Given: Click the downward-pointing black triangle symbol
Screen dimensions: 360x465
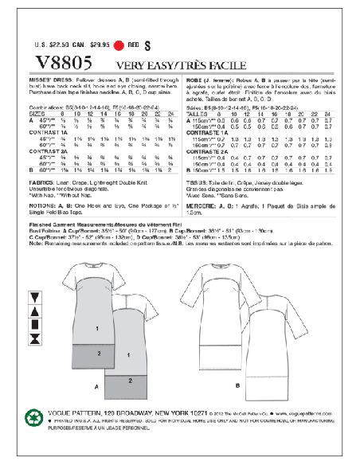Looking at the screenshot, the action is pos(35,297).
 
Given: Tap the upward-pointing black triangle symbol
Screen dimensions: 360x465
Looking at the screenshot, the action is pos(35,311).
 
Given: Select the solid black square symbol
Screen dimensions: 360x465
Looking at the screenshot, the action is pos(35,325).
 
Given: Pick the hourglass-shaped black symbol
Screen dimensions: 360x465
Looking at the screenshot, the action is pos(35,339).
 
